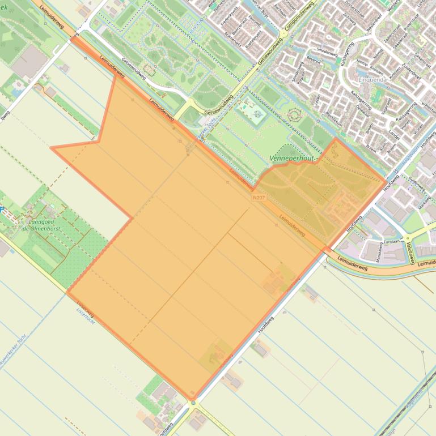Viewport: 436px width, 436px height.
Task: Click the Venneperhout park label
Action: (x=293, y=159)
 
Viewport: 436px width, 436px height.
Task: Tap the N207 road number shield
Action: (x=259, y=197)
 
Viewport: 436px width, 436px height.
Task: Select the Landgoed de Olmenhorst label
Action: (x=41, y=225)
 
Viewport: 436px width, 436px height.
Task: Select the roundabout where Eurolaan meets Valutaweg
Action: (x=407, y=238)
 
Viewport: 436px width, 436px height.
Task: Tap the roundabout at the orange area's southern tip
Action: (x=193, y=403)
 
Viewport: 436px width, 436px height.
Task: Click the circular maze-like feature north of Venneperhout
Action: (x=294, y=116)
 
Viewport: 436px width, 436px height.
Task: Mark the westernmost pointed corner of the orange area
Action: (x=52, y=148)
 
